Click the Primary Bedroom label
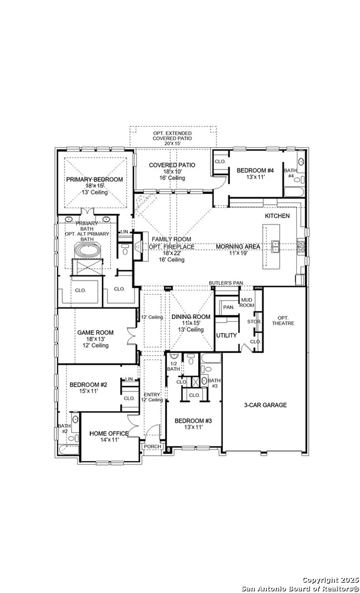[x=94, y=179]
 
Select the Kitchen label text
[x=277, y=216]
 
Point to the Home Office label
[x=109, y=433]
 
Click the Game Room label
[x=95, y=332]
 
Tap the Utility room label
[x=227, y=335]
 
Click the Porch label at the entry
[x=153, y=446]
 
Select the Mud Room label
[x=248, y=303]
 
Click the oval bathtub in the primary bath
[x=88, y=251]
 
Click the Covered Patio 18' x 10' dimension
[x=172, y=171]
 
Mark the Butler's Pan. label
[x=227, y=283]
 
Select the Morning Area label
[x=238, y=247]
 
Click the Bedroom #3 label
[x=193, y=421]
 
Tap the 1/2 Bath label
[x=173, y=366]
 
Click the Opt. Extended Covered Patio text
[x=172, y=136]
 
